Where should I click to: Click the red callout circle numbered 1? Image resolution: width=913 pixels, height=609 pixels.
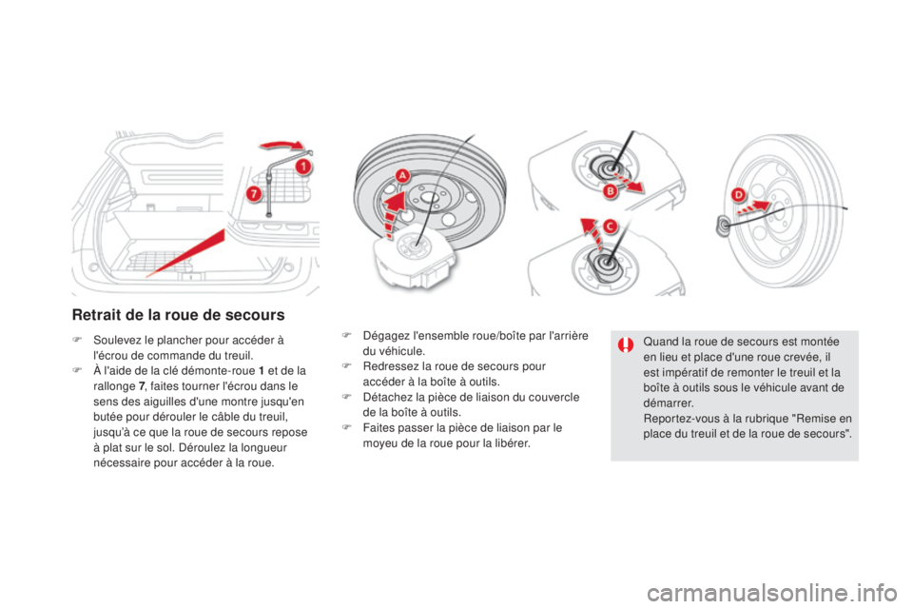(x=302, y=167)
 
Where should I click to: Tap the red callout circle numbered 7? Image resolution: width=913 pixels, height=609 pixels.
(x=253, y=193)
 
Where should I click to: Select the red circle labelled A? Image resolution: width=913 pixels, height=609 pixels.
(x=402, y=175)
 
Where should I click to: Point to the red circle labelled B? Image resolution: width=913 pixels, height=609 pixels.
(x=610, y=190)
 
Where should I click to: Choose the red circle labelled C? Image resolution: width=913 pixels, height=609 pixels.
(x=610, y=226)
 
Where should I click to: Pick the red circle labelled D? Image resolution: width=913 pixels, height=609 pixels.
(x=738, y=194)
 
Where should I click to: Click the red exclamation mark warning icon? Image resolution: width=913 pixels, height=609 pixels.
(x=626, y=345)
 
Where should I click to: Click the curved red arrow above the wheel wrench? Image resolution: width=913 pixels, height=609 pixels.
(x=282, y=145)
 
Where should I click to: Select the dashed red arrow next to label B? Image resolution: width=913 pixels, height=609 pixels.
(x=630, y=181)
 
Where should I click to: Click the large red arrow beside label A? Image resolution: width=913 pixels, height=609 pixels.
(x=394, y=214)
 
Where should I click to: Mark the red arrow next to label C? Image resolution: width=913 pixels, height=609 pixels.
(x=592, y=232)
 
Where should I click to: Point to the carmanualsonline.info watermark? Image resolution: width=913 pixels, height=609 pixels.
(x=771, y=594)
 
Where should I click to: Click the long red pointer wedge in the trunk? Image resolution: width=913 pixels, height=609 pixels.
(x=185, y=253)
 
